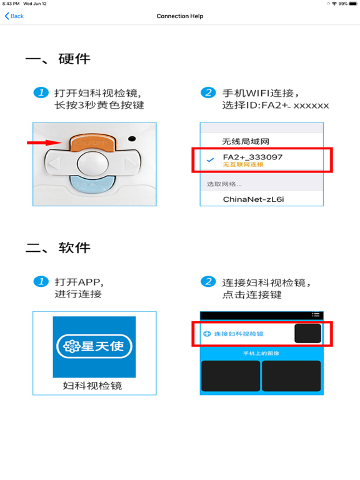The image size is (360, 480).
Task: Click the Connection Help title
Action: [x=180, y=16]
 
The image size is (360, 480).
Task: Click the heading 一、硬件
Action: [x=57, y=59]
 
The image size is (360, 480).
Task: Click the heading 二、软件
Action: [x=57, y=248]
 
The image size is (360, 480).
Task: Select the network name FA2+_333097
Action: [x=252, y=157]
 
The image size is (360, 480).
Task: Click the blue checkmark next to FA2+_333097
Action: [x=210, y=160]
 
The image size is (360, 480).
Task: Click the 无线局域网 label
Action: [x=246, y=141]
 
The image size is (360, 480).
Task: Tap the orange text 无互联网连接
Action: [x=243, y=165]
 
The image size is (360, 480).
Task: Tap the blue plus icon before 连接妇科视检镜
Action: [x=207, y=334]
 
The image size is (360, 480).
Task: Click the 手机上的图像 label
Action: [x=261, y=354]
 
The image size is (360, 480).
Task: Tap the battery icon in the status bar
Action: [x=352, y=4]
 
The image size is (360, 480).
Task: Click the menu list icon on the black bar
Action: [x=316, y=315]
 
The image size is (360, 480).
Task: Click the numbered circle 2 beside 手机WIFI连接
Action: [x=208, y=93]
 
